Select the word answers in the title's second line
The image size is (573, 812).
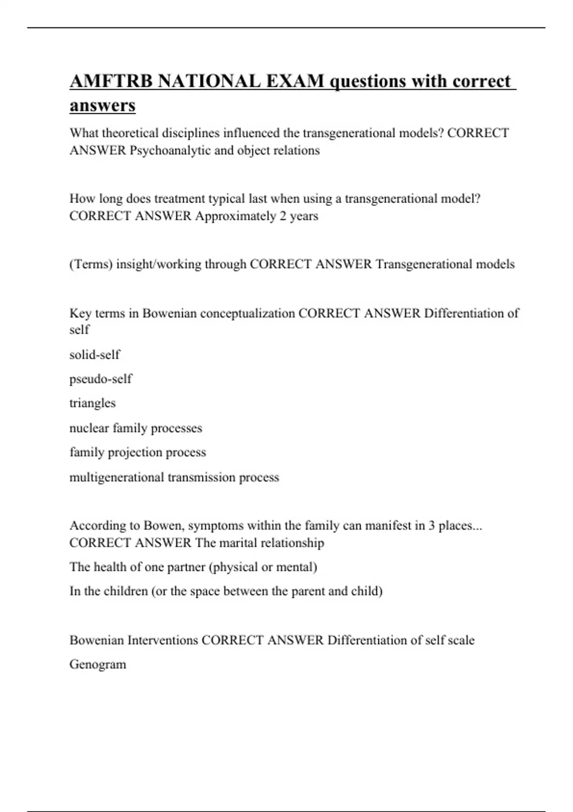coord(103,106)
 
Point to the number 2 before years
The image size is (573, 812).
coord(283,216)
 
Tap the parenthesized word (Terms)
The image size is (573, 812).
coord(91,264)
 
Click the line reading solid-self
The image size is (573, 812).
coord(95,354)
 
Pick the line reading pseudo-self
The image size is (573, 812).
coord(100,379)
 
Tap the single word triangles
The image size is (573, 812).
coord(93,403)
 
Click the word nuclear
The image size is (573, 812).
coord(89,428)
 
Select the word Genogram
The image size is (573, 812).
coord(98,664)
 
